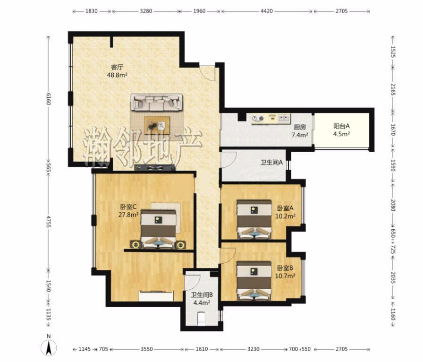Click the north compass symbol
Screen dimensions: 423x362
click(49, 347)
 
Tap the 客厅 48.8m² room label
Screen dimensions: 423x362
click(117, 71)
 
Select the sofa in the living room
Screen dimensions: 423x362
click(157, 102)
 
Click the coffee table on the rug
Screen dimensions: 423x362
click(157, 125)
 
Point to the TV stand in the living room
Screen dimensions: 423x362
click(155, 168)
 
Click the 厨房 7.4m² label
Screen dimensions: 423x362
click(299, 131)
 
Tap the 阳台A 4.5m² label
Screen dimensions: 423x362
click(341, 130)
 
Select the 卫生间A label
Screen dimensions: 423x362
click(271, 163)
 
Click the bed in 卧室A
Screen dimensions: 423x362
click(254, 220)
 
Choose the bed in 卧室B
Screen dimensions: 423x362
click(254, 281)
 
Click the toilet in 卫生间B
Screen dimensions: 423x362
click(201, 319)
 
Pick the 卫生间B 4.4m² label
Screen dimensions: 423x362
click(202, 299)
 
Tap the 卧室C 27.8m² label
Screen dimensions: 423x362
click(128, 211)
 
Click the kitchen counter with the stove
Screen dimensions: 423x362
click(271, 119)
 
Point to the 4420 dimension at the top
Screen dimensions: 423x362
click(267, 11)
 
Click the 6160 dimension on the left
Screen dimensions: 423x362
click(48, 99)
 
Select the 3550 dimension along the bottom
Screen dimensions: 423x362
click(146, 349)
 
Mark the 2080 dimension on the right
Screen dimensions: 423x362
click(393, 205)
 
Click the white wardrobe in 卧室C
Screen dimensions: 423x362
click(156, 296)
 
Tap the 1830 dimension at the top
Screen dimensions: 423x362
click(91, 11)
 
